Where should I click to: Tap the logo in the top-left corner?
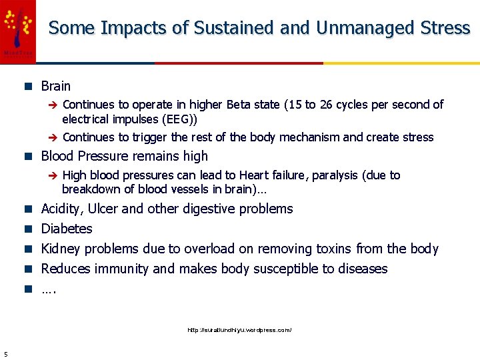tap(17, 31)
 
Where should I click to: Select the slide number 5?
tap(5, 353)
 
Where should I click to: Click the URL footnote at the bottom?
tap(239, 330)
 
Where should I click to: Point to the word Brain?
tap(55, 86)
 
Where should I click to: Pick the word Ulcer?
tap(102, 209)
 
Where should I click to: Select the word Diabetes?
tap(67, 229)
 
